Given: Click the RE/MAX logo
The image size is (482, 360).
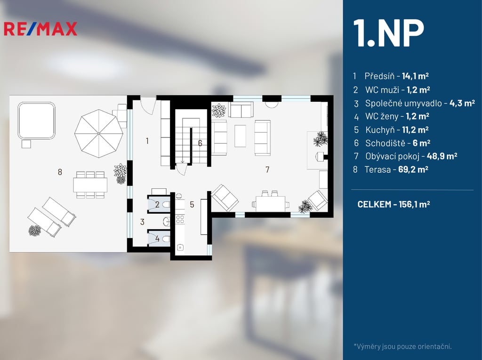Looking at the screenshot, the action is (x=40, y=29).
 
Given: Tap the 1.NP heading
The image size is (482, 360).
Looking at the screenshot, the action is (x=388, y=33).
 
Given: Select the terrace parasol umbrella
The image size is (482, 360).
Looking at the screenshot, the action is (x=99, y=134).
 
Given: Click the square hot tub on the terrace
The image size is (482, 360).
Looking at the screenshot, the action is (x=37, y=120).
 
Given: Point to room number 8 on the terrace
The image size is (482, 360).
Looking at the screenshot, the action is (x=60, y=172).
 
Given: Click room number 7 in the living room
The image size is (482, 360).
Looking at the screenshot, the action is (x=267, y=169).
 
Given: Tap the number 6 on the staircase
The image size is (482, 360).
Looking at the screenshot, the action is (x=200, y=143).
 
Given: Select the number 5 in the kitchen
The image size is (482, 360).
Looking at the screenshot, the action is (x=192, y=204).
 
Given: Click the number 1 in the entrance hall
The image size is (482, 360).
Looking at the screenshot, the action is (x=147, y=141).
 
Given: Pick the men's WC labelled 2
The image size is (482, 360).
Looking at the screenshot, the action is (x=159, y=204).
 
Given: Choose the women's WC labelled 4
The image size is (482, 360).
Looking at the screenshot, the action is (x=159, y=238).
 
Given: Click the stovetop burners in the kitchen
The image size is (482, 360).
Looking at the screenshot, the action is (x=180, y=219).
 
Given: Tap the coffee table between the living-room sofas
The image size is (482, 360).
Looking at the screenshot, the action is (x=241, y=136).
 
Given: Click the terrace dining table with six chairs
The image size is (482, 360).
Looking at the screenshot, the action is (x=90, y=185).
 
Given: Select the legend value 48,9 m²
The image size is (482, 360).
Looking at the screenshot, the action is (x=442, y=156).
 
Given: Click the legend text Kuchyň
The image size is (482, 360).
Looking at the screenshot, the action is (x=380, y=130).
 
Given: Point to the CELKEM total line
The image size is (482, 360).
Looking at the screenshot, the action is (x=394, y=204).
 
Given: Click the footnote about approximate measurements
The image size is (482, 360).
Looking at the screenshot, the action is (x=403, y=346).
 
